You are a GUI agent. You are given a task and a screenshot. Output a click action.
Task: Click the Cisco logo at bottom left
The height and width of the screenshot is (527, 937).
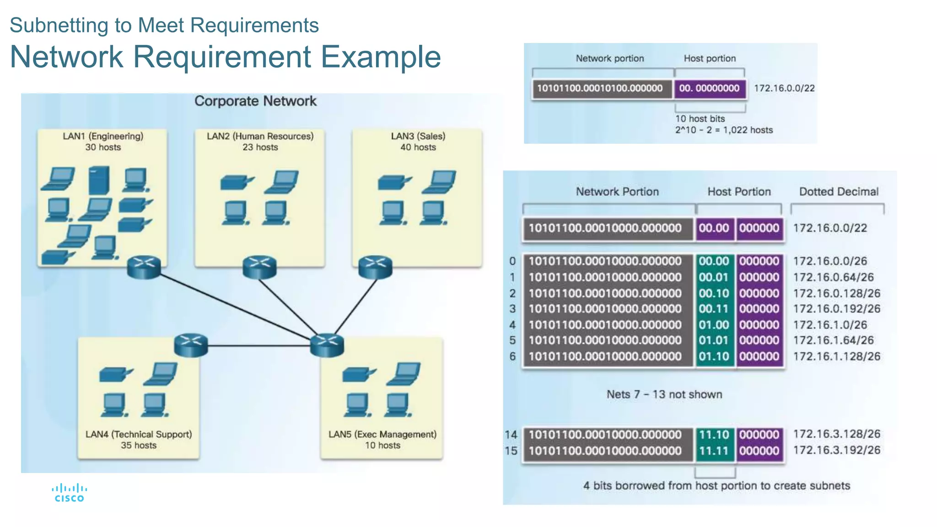69,493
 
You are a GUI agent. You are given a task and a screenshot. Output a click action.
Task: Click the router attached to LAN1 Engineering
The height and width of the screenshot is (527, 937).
144,267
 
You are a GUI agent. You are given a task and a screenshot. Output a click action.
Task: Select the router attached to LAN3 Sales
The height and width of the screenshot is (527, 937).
375,267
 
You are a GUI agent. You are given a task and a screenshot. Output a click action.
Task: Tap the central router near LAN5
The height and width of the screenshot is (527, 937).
327,345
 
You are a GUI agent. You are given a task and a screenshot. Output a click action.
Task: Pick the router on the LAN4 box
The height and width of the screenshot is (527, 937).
191,345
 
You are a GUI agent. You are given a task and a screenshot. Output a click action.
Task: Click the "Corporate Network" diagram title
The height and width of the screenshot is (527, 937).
255,101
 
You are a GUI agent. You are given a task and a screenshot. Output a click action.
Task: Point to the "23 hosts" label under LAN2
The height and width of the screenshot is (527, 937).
260,147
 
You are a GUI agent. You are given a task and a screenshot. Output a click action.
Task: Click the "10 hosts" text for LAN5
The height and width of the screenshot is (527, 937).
382,446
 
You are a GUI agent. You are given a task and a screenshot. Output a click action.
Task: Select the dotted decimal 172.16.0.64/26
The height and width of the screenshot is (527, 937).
833,277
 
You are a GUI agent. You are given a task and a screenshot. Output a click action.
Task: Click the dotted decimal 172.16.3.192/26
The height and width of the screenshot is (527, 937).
836,450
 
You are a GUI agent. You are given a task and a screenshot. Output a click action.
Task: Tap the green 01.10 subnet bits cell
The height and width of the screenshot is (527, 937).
714,356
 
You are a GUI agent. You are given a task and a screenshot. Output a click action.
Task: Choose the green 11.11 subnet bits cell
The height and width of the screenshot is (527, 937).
714,451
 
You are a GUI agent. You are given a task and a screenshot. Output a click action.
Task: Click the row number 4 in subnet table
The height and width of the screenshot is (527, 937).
512,325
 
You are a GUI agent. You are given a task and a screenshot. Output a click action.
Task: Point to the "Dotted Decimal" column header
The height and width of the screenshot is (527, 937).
838,192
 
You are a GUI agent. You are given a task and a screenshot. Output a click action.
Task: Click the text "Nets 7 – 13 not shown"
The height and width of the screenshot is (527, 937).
664,394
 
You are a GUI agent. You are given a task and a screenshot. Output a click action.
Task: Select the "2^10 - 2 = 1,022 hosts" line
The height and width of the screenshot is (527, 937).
723,130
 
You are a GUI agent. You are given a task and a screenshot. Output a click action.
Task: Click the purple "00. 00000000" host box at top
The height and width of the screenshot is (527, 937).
709,88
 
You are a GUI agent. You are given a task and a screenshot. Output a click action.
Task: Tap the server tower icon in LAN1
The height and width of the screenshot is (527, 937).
99,180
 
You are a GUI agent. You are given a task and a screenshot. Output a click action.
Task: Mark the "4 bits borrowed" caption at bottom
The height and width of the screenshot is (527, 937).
716,486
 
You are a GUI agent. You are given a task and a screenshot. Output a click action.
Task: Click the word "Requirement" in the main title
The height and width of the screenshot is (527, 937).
222,57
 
